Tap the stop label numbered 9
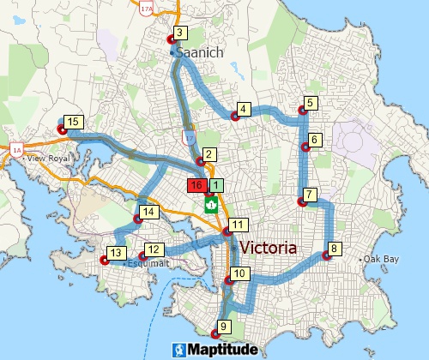click(224, 326)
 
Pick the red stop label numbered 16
click(196, 184)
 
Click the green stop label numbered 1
click(216, 184)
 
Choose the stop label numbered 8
click(335, 249)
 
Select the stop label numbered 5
click(311, 104)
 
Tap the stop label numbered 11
click(239, 225)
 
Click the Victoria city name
click(281, 248)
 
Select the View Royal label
click(47, 159)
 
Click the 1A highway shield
click(16, 149)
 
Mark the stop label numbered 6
click(315, 140)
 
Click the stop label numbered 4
click(244, 109)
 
